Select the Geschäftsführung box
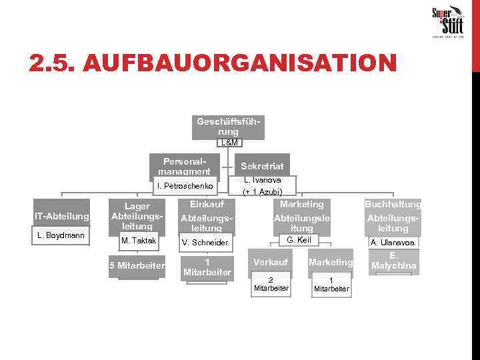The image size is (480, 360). pos(228,127)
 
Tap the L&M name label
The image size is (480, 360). pos(228,143)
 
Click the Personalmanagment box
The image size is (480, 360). pos(185,167)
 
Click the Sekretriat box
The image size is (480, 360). pos(262,166)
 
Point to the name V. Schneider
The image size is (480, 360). pos(207,242)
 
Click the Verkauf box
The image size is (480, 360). pos(271,262)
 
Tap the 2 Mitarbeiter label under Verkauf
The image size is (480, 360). pos(271,284)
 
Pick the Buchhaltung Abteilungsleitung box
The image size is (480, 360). pos(393,216)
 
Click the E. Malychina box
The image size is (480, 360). pos(393,261)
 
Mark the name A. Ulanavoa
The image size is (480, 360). pos(393,243)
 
